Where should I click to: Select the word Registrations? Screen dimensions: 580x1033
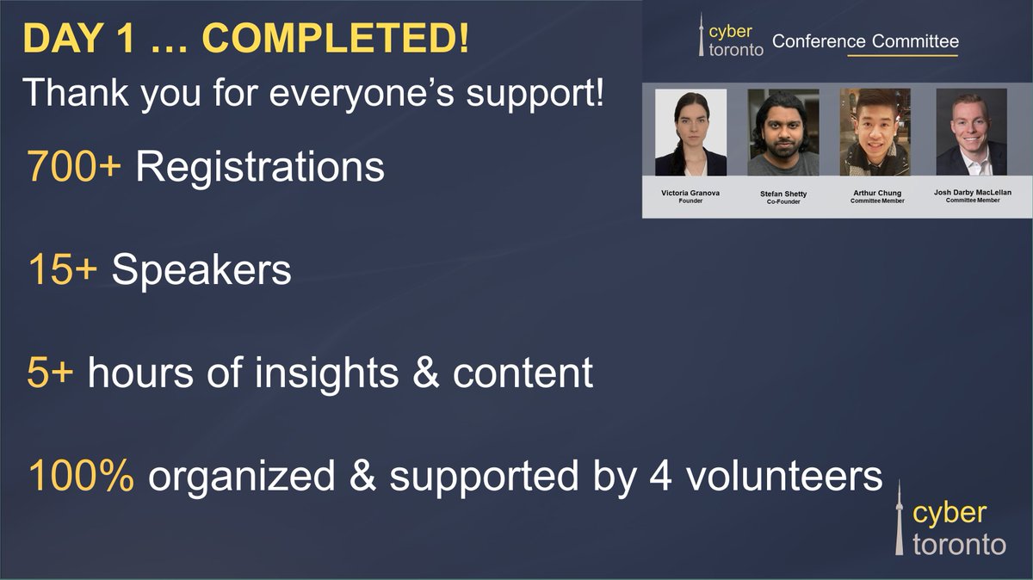pyautogui.click(x=259, y=167)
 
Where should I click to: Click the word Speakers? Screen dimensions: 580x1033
pyautogui.click(x=201, y=270)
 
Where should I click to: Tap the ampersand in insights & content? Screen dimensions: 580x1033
pyautogui.click(x=428, y=373)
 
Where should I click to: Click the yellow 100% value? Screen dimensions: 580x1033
pyautogui.click(x=80, y=476)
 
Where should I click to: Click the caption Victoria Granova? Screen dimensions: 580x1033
pyautogui.click(x=690, y=193)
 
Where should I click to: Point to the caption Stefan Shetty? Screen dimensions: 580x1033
pyautogui.click(x=783, y=194)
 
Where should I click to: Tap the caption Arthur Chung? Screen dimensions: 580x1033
pyautogui.click(x=876, y=193)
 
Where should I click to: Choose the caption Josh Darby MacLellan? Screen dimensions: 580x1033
pyautogui.click(x=971, y=193)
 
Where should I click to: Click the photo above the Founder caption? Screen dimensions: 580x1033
pyautogui.click(x=690, y=133)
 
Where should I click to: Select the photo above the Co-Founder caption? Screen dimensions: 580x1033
pyautogui.click(x=783, y=133)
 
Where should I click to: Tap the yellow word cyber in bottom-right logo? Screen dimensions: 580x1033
pyautogui.click(x=949, y=514)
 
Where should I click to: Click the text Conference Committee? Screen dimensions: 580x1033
pyautogui.click(x=865, y=41)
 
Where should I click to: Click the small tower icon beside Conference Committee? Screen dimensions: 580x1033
pyautogui.click(x=701, y=34)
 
